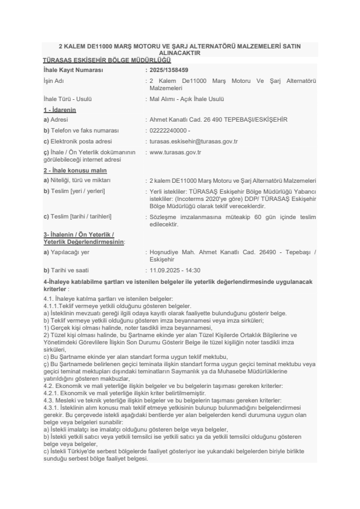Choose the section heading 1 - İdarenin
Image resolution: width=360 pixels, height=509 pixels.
[x=59, y=110]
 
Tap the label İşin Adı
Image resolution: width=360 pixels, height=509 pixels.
[x=53, y=81]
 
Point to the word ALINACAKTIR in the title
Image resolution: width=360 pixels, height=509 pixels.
[x=179, y=53]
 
